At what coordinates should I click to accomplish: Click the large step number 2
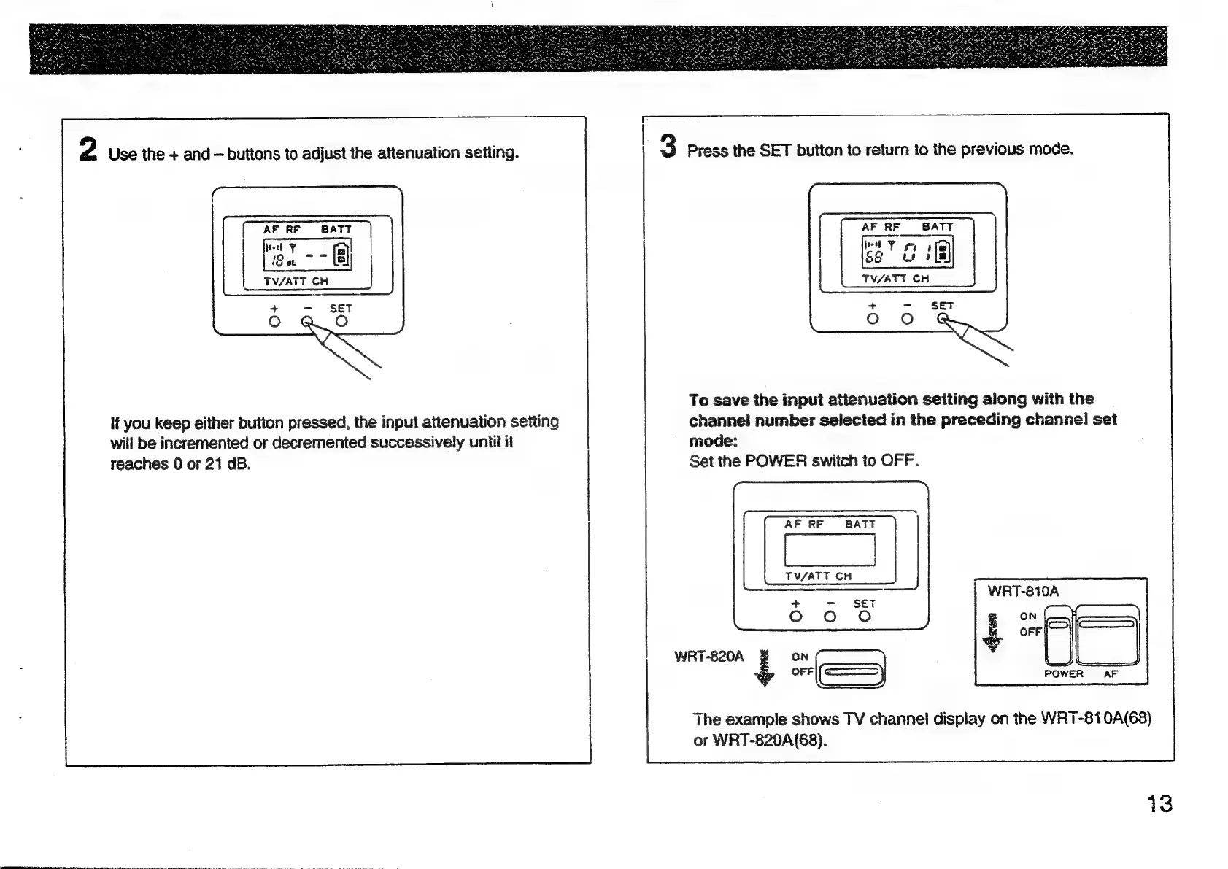[x=88, y=149]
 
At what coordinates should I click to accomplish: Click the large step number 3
[x=668, y=145]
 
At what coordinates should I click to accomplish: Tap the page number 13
[x=1158, y=804]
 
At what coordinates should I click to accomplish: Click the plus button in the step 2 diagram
[x=274, y=321]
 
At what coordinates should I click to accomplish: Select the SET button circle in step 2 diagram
[x=341, y=321]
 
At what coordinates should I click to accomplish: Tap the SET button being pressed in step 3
[x=943, y=318]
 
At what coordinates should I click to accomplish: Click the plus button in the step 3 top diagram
[x=872, y=319]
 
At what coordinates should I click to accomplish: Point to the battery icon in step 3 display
[x=943, y=253]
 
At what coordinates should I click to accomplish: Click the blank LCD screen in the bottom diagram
[x=830, y=549]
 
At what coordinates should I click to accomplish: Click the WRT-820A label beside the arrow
[x=708, y=657]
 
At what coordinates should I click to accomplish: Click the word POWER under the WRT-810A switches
[x=1063, y=674]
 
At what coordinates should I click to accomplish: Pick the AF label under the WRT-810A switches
[x=1111, y=674]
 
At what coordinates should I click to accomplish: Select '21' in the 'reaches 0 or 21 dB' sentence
[x=213, y=464]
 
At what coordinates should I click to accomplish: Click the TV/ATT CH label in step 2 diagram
[x=296, y=282]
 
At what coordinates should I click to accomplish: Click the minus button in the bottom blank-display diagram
[x=830, y=617]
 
